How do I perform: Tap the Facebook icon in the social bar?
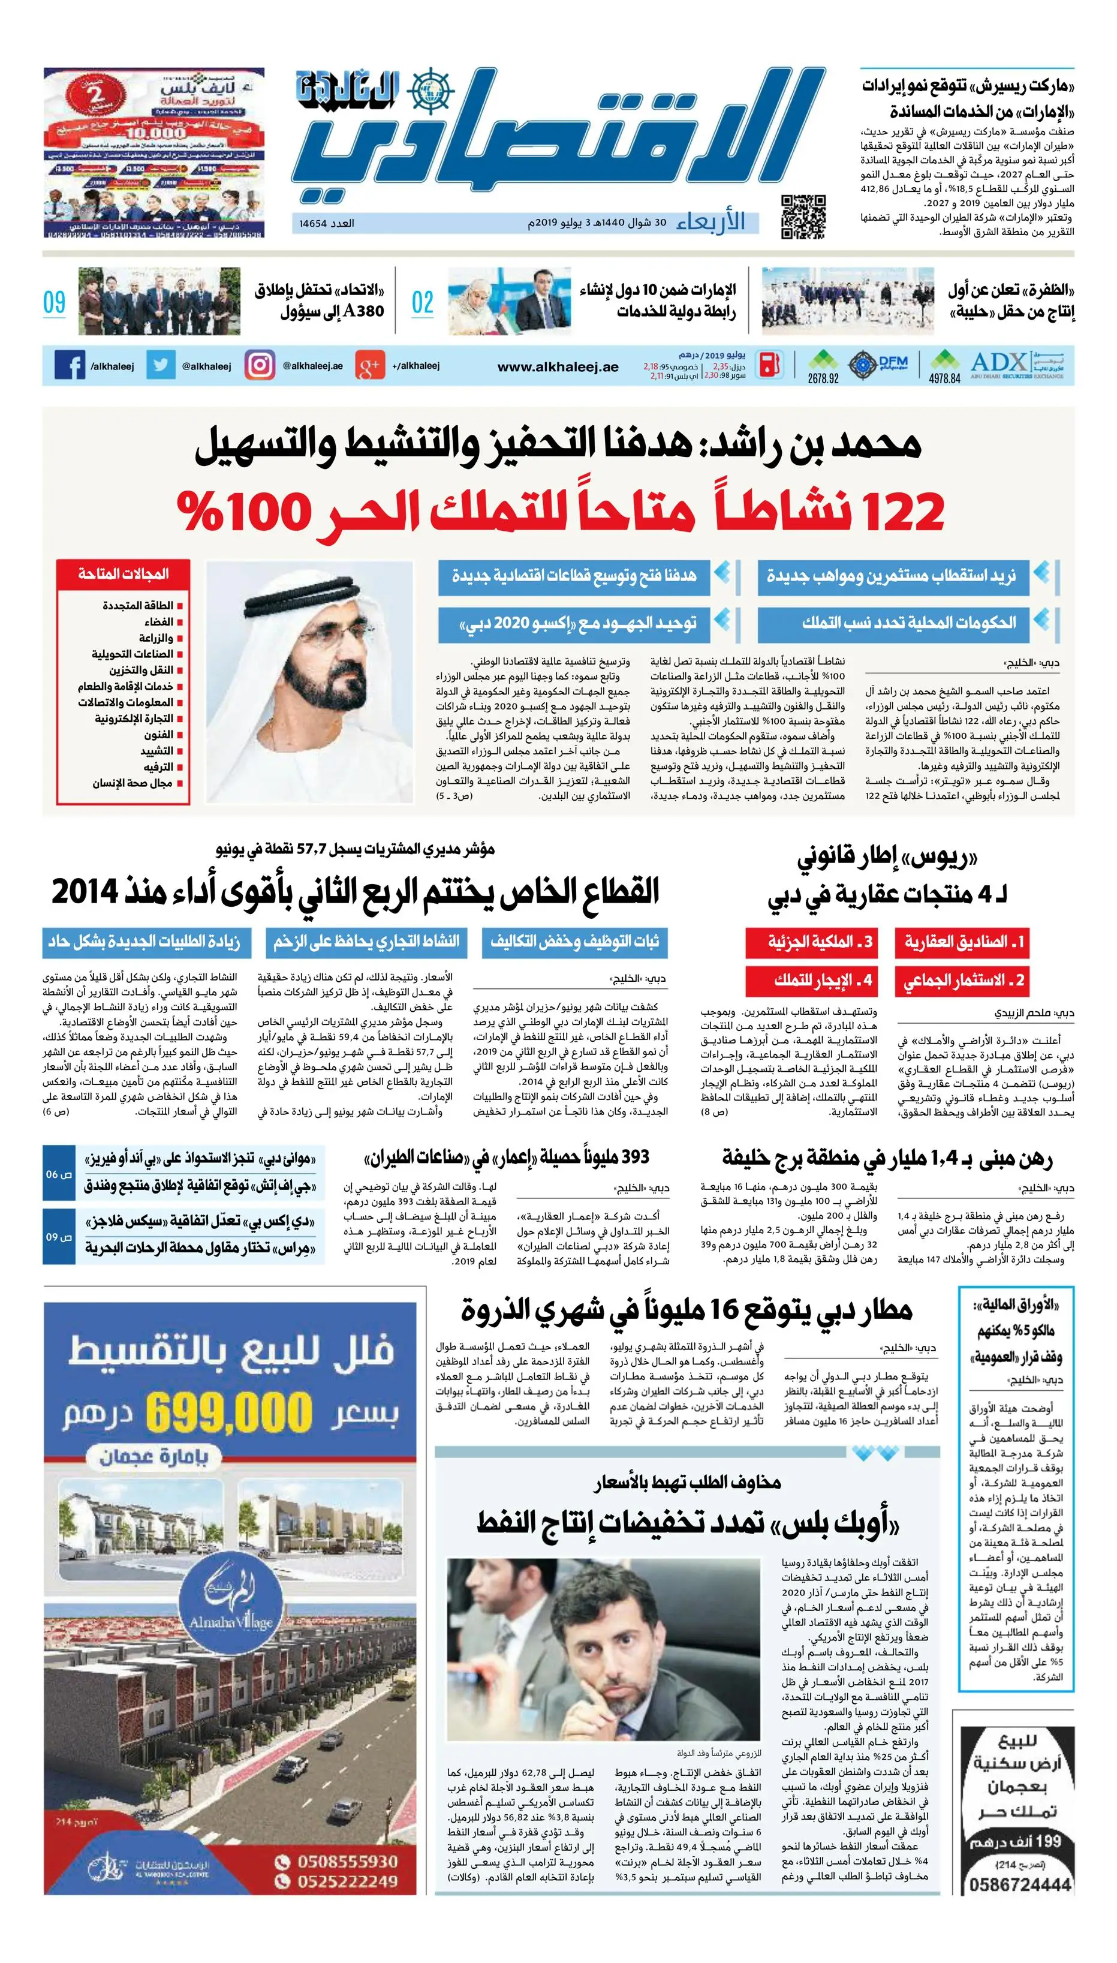coord(70,365)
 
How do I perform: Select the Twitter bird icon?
coord(160,365)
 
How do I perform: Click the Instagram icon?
coord(259,365)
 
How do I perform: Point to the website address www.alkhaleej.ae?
coord(558,367)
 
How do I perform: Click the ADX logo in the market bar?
coord(998,362)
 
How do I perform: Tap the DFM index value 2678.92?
coord(823,378)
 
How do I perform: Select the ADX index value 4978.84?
coord(944,378)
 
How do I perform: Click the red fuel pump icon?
coord(770,365)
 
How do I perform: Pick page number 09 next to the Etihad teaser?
coord(55,302)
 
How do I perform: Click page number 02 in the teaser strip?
coord(423,302)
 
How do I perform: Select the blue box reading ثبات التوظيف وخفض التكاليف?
coord(574,942)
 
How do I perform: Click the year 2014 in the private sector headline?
coord(85,892)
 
